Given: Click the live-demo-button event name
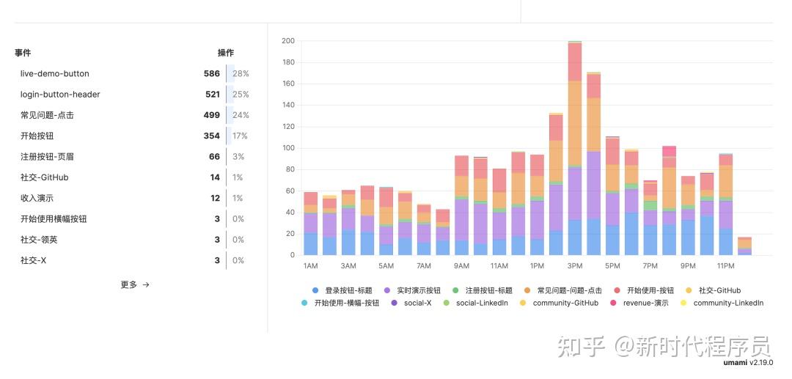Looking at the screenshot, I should pyautogui.click(x=54, y=74).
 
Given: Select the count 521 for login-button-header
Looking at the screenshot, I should pyautogui.click(x=211, y=95).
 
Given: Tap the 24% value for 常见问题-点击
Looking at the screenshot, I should pyautogui.click(x=241, y=115).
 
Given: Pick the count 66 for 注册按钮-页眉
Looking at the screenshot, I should pyautogui.click(x=214, y=157).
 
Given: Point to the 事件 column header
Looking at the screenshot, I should pyautogui.click(x=23, y=53).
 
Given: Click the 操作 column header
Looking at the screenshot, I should pyautogui.click(x=226, y=53).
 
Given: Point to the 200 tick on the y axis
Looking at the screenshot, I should pyautogui.click(x=288, y=41).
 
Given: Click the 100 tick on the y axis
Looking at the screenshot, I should pyautogui.click(x=288, y=148).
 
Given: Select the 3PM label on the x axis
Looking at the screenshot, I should pyautogui.click(x=575, y=266).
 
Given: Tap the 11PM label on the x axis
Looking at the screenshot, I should pyautogui.click(x=725, y=266).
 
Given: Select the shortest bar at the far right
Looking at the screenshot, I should pyautogui.click(x=744, y=246).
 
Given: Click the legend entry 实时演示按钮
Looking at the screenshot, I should pyautogui.click(x=417, y=291).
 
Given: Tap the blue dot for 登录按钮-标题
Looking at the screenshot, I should pyautogui.click(x=315, y=291).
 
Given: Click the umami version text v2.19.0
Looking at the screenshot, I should pyautogui.click(x=760, y=362).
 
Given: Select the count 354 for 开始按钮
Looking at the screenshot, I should pyautogui.click(x=211, y=136).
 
